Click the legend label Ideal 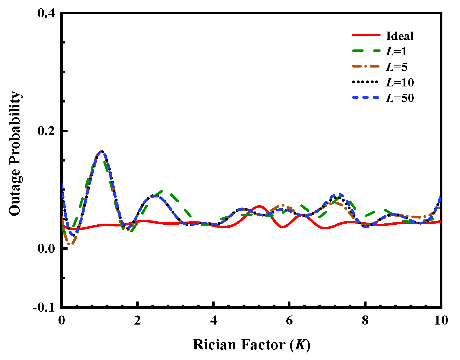[399, 36]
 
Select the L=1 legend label [396, 52]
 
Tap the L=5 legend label [397, 67]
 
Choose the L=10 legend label [400, 83]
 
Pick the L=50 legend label [400, 98]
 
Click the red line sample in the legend [366, 35]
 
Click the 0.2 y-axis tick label [46, 131]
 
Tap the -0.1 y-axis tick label [44, 308]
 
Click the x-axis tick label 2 [137, 320]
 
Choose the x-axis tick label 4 [213, 320]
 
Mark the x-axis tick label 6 [289, 320]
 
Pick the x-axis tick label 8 [365, 320]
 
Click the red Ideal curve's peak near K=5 [259, 206]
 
